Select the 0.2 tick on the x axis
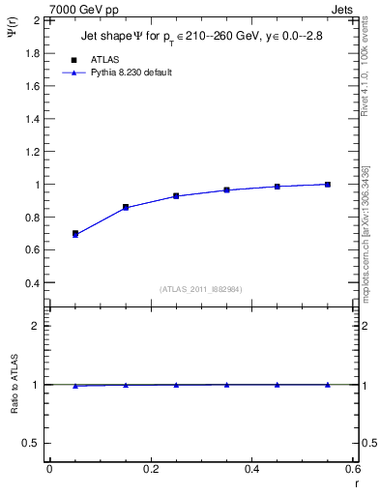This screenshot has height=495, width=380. (151, 469)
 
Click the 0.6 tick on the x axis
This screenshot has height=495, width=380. (354, 469)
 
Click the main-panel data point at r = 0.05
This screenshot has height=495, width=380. (74, 234)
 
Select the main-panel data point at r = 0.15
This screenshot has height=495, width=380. (126, 207)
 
